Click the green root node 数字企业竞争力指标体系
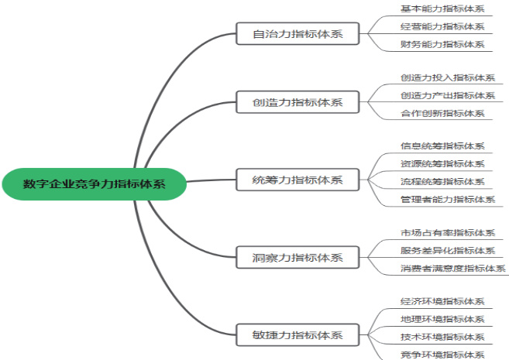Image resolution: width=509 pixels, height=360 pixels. [94, 183]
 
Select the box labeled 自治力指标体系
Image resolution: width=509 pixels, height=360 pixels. [297, 33]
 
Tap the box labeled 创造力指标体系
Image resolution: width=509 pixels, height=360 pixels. [297, 101]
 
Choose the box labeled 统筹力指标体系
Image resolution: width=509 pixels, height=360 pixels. [297, 180]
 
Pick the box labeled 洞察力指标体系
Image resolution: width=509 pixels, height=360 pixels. [297, 257]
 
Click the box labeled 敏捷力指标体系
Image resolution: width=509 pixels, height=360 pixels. [297, 335]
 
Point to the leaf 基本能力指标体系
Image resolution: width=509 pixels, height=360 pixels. [442, 9]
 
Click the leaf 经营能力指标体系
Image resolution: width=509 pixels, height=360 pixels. [442, 27]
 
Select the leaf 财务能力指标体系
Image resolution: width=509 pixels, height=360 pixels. [442, 44]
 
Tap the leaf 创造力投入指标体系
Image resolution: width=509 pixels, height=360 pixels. [447, 78]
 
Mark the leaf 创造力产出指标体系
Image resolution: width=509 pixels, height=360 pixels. [447, 95]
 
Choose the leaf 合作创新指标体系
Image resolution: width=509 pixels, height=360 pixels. [442, 113]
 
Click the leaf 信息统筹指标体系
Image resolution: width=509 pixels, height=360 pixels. [442, 146]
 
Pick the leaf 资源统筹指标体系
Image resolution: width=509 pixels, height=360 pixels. [442, 164]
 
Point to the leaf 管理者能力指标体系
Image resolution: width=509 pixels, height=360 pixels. [447, 199]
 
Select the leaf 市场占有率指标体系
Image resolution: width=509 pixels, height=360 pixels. [447, 233]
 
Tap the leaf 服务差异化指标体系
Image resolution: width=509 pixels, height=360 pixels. [447, 250]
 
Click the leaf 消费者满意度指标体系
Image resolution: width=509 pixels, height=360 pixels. [453, 269]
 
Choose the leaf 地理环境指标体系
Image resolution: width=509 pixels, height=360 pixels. [442, 319]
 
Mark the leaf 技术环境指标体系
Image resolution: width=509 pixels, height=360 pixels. [442, 337]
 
